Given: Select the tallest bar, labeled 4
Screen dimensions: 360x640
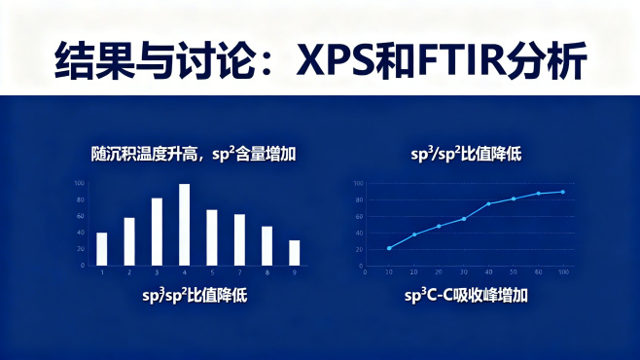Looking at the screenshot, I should [184, 225].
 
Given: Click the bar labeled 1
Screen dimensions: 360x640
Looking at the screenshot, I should [101, 248].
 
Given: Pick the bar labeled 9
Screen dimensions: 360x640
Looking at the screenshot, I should [294, 252].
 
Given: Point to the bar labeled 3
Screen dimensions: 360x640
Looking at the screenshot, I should [157, 232].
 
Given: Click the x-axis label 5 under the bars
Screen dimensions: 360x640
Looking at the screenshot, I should [211, 272].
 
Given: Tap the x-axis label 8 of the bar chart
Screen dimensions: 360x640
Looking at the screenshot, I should [267, 272].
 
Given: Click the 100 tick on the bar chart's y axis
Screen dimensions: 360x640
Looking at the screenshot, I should [80, 183].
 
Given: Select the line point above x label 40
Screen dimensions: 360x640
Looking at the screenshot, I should [488, 203].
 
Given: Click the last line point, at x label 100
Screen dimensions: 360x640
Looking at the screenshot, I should [562, 192].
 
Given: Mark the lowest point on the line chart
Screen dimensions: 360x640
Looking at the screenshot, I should [389, 248].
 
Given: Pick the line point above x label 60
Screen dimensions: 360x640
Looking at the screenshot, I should [538, 194].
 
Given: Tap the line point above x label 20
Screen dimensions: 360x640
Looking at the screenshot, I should [439, 226].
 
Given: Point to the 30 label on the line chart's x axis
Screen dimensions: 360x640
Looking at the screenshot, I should [463, 272].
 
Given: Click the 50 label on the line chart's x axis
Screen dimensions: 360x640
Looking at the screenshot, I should [514, 272].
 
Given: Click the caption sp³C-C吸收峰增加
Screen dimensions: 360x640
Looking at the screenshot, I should [466, 294].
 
